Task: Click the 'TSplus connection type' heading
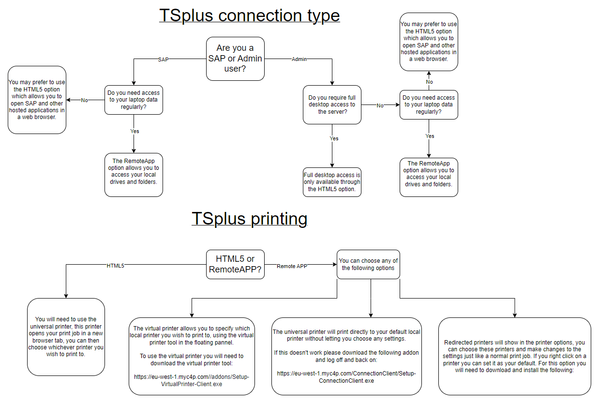pos(249,15)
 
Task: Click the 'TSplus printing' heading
pos(249,219)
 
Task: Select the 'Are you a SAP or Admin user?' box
pos(235,59)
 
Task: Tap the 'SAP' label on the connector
pos(164,59)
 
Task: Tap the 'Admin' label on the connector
pos(299,59)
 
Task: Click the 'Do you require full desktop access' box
pos(332,105)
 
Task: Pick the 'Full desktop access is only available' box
pos(332,182)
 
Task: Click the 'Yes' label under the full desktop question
pos(334,138)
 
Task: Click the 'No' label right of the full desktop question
pos(380,105)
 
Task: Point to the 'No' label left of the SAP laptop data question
pos(85,100)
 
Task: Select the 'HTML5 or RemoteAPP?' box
pos(235,264)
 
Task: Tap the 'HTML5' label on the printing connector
pos(115,266)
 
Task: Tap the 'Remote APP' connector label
pos(292,266)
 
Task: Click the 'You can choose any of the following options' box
pos(368,264)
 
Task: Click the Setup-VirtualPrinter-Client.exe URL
pos(191,380)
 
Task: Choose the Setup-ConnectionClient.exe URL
pos(346,377)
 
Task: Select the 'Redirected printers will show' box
pos(514,356)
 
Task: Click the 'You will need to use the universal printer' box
pos(66,336)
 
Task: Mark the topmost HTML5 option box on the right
pos(429,42)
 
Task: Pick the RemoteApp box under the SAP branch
pos(134,175)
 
